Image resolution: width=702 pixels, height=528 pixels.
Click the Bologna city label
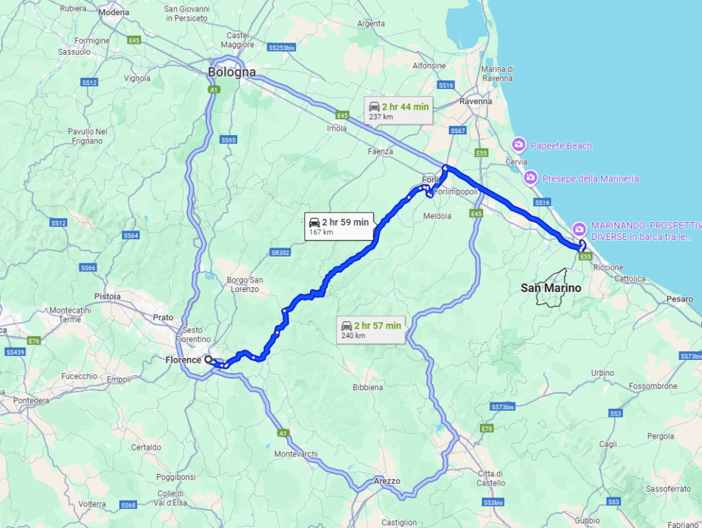tap(232, 72)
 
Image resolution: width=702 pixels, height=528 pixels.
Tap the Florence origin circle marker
tap(208, 359)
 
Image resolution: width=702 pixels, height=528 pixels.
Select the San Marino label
tap(550, 288)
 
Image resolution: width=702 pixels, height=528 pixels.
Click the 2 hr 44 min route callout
tap(398, 110)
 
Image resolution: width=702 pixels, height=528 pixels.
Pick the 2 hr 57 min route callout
tap(371, 329)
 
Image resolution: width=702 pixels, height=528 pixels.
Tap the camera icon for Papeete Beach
tap(519, 145)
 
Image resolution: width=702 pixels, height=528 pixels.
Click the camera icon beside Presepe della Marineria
tap(530, 179)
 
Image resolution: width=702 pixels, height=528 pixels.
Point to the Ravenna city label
tap(476, 101)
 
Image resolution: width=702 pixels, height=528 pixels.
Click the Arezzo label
tap(387, 481)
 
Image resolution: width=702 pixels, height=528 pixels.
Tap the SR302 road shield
tap(280, 252)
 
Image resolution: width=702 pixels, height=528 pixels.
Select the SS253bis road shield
tap(281, 48)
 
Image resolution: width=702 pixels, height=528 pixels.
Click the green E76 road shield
tap(34, 340)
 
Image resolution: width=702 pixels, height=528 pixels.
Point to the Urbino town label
tap(603, 372)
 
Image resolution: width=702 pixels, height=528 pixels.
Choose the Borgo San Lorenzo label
tap(245, 285)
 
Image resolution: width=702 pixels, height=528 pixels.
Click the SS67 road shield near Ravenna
tap(457, 130)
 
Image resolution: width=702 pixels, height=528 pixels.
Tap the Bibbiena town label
tap(367, 387)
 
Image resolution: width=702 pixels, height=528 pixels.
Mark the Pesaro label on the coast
tap(680, 300)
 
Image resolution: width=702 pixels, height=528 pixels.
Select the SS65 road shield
tap(228, 140)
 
